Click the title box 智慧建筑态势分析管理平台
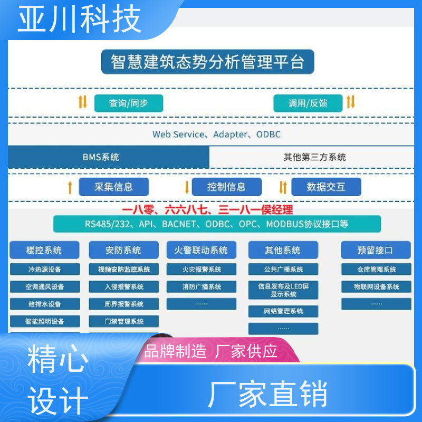(x=207, y=62)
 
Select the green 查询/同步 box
(x=129, y=103)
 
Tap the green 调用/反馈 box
(x=308, y=103)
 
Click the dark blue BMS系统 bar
(x=109, y=157)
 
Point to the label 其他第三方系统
(x=314, y=157)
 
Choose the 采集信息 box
(x=113, y=187)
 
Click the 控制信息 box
(x=227, y=187)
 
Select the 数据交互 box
(x=326, y=187)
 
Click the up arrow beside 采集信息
(x=70, y=187)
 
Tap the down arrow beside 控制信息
(x=187, y=187)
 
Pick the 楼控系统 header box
(x=44, y=250)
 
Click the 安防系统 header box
(x=123, y=250)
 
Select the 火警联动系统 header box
(x=202, y=250)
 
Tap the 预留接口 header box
(x=376, y=250)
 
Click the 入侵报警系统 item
(x=123, y=286)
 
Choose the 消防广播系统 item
(x=202, y=286)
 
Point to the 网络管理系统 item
(x=283, y=311)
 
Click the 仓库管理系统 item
(x=376, y=269)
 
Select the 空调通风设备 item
(x=45, y=286)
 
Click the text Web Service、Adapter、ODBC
(x=216, y=135)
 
